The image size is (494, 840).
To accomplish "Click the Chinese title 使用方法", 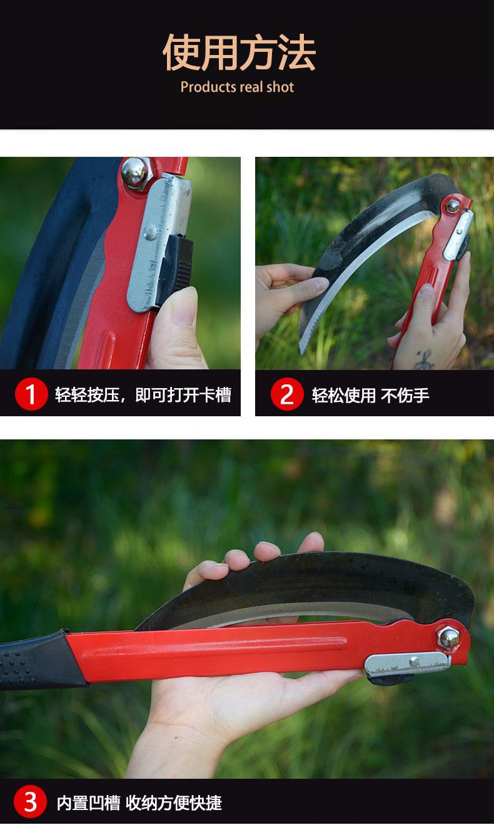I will tap(239, 53).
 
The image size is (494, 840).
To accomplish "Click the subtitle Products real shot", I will tap(237, 87).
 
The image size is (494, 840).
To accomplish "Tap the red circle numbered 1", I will tap(31, 394).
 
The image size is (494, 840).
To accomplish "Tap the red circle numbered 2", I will tap(287, 394).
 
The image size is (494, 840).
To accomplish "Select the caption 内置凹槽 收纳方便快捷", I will tap(139, 802).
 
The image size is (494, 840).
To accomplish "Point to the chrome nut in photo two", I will tap(451, 206).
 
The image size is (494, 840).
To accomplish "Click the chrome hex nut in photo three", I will tap(448, 636).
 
